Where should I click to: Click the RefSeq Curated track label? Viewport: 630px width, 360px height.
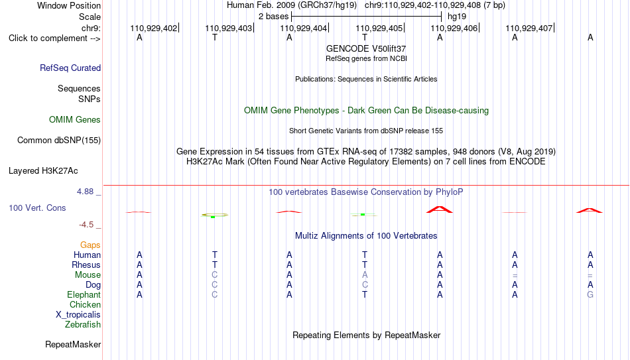pyautogui.click(x=70, y=68)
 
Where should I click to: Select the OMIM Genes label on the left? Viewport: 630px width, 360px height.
pyautogui.click(x=75, y=120)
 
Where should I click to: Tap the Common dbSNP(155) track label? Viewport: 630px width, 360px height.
pyautogui.click(x=59, y=141)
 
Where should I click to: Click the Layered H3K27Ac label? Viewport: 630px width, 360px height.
pyautogui.click(x=43, y=171)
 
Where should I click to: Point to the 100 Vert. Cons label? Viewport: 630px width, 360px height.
pyautogui.click(x=37, y=208)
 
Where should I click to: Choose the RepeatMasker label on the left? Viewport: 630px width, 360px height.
pyautogui.click(x=73, y=344)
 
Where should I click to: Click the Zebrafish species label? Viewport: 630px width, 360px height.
pyautogui.click(x=83, y=324)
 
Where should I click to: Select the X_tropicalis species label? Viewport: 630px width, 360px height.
pyautogui.click(x=78, y=315)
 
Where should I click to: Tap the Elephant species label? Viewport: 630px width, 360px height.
pyautogui.click(x=84, y=294)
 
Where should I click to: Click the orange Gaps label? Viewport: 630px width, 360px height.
pyautogui.click(x=90, y=245)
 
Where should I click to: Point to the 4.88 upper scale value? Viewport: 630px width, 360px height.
pyautogui.click(x=85, y=192)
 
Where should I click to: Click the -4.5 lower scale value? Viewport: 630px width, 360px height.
pyautogui.click(x=86, y=225)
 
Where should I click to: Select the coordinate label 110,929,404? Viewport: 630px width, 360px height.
pyautogui.click(x=303, y=28)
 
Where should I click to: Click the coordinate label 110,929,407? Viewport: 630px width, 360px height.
pyautogui.click(x=529, y=28)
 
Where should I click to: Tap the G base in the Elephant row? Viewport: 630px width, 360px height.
pyautogui.click(x=590, y=294)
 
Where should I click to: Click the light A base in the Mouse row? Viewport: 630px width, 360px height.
pyautogui.click(x=365, y=275)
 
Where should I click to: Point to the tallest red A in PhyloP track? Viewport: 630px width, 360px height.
pyautogui.click(x=440, y=210)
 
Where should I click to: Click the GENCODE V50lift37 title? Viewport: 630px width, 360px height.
pyautogui.click(x=366, y=48)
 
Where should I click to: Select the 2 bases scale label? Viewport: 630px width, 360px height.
pyautogui.click(x=273, y=17)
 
